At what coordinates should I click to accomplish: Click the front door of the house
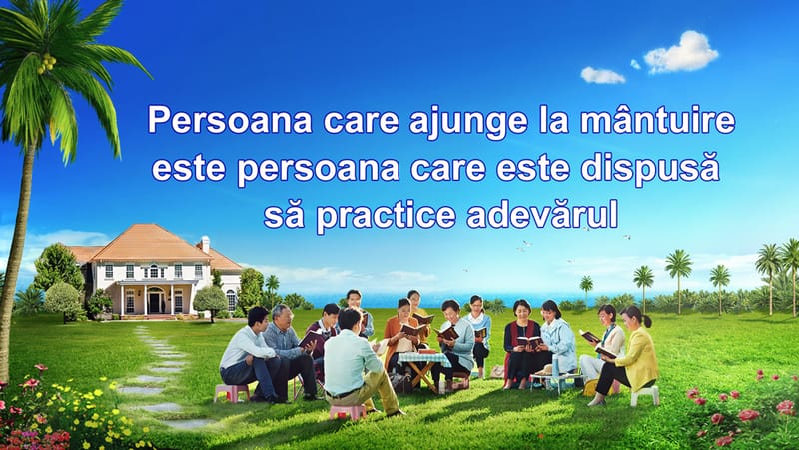pos(155,300)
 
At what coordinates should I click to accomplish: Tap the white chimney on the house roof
pos(205,243)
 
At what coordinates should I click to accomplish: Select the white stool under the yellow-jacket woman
pos(643,394)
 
